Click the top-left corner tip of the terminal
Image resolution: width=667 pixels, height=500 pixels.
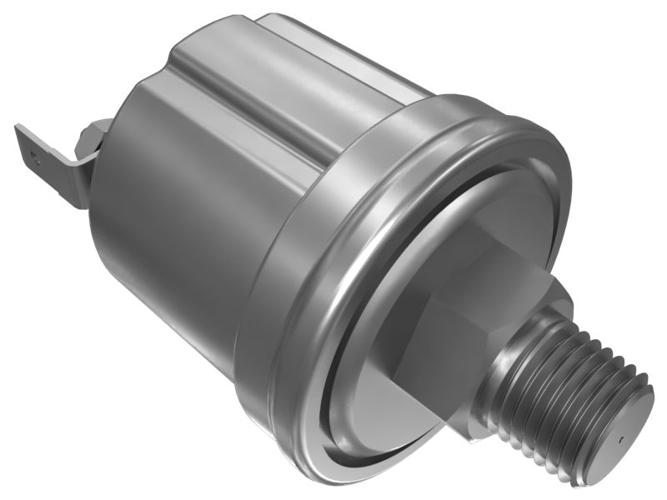[17, 126]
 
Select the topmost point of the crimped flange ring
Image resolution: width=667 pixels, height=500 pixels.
[467, 98]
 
